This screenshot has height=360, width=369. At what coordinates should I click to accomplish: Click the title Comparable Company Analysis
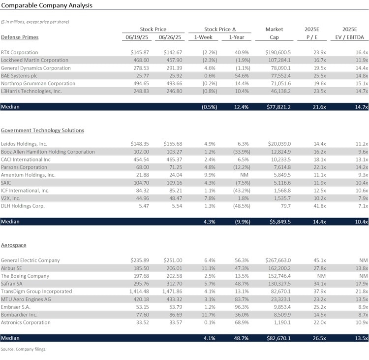tap(47, 5)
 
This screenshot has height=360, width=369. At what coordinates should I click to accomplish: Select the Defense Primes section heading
tap(20, 37)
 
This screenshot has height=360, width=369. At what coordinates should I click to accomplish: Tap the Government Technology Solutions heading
tap(43, 131)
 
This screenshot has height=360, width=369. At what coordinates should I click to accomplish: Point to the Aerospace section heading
tap(14, 245)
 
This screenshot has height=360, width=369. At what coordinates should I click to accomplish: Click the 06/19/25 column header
tap(137, 37)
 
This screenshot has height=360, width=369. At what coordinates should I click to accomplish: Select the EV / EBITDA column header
tap(349, 37)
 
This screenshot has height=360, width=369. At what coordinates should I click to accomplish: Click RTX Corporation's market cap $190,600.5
tap(278, 52)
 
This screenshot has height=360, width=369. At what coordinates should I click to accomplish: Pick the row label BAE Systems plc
tap(19, 76)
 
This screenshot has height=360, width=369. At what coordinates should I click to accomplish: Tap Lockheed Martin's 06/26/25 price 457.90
tap(174, 60)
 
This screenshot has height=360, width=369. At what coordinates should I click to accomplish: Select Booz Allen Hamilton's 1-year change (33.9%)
tap(242, 152)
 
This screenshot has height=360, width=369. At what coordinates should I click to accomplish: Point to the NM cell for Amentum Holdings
tap(244, 175)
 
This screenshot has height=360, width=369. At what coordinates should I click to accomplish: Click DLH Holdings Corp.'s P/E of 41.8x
tap(320, 206)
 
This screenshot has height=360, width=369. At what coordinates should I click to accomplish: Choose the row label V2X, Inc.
tap(11, 198)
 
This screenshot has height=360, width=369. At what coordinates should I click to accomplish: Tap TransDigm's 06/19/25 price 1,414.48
tap(139, 292)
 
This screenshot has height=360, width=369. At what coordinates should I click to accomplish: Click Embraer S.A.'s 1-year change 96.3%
tap(242, 307)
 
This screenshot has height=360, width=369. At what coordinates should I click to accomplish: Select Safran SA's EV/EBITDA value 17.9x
tap(362, 284)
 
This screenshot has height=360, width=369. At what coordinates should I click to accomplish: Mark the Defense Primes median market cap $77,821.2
tap(278, 107)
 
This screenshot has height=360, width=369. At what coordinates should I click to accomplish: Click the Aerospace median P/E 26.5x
tap(319, 338)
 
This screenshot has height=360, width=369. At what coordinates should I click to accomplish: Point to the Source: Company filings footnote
tap(24, 349)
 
